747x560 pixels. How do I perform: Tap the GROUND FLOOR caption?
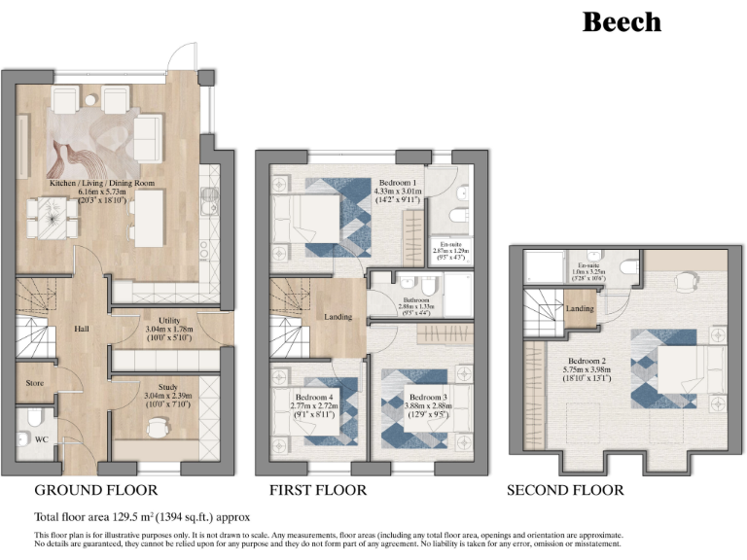point(95,490)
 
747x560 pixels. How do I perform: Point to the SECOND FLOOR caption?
point(565,490)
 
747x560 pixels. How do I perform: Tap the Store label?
point(33,383)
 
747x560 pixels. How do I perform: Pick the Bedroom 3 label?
point(427,398)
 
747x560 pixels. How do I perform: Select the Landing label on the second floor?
point(580,309)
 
